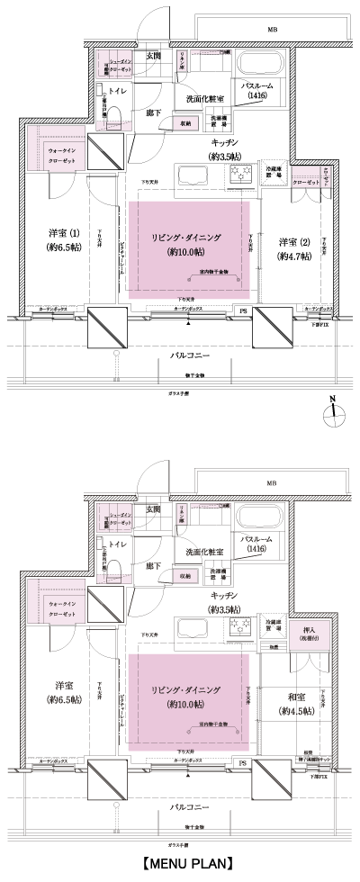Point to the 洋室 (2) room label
pos(292,248)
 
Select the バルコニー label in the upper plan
pos(190,356)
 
